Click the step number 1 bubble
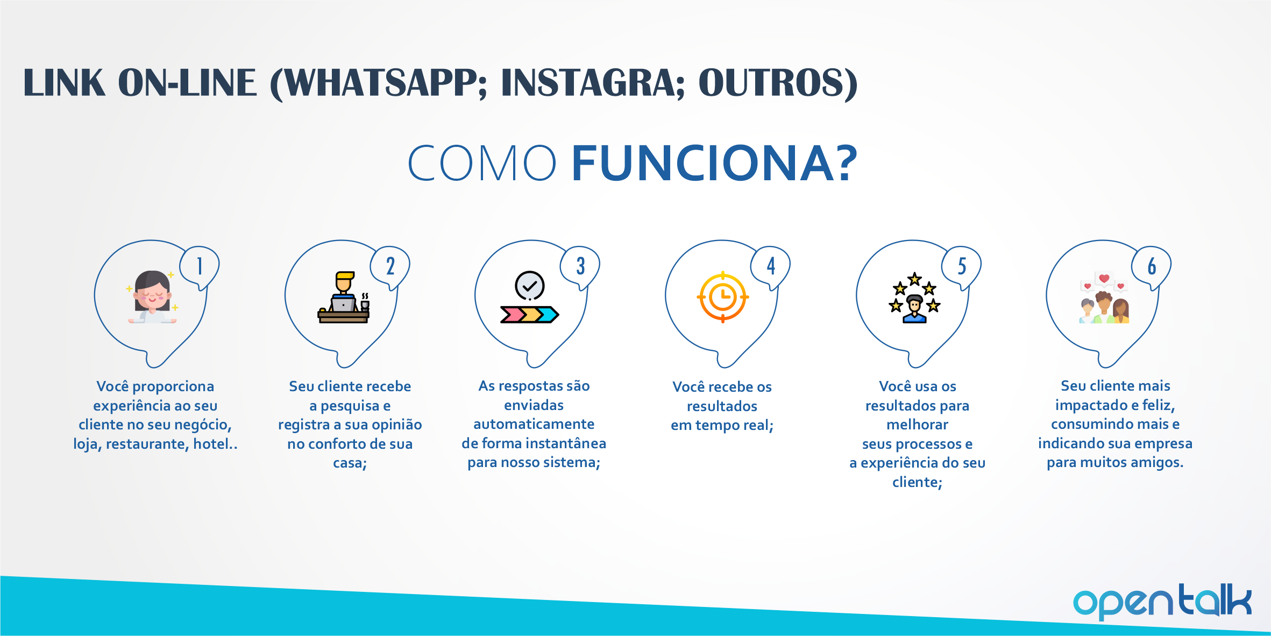coord(200,267)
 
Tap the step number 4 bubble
coord(771,267)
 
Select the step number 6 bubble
coord(1152,267)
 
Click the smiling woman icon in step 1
coord(152,296)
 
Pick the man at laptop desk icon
coord(344,297)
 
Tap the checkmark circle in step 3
coord(530,286)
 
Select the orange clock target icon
coord(723,297)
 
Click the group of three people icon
coord(1104,297)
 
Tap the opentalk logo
coord(1162,602)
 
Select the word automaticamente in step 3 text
coord(534,425)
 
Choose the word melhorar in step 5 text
coord(918,425)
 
